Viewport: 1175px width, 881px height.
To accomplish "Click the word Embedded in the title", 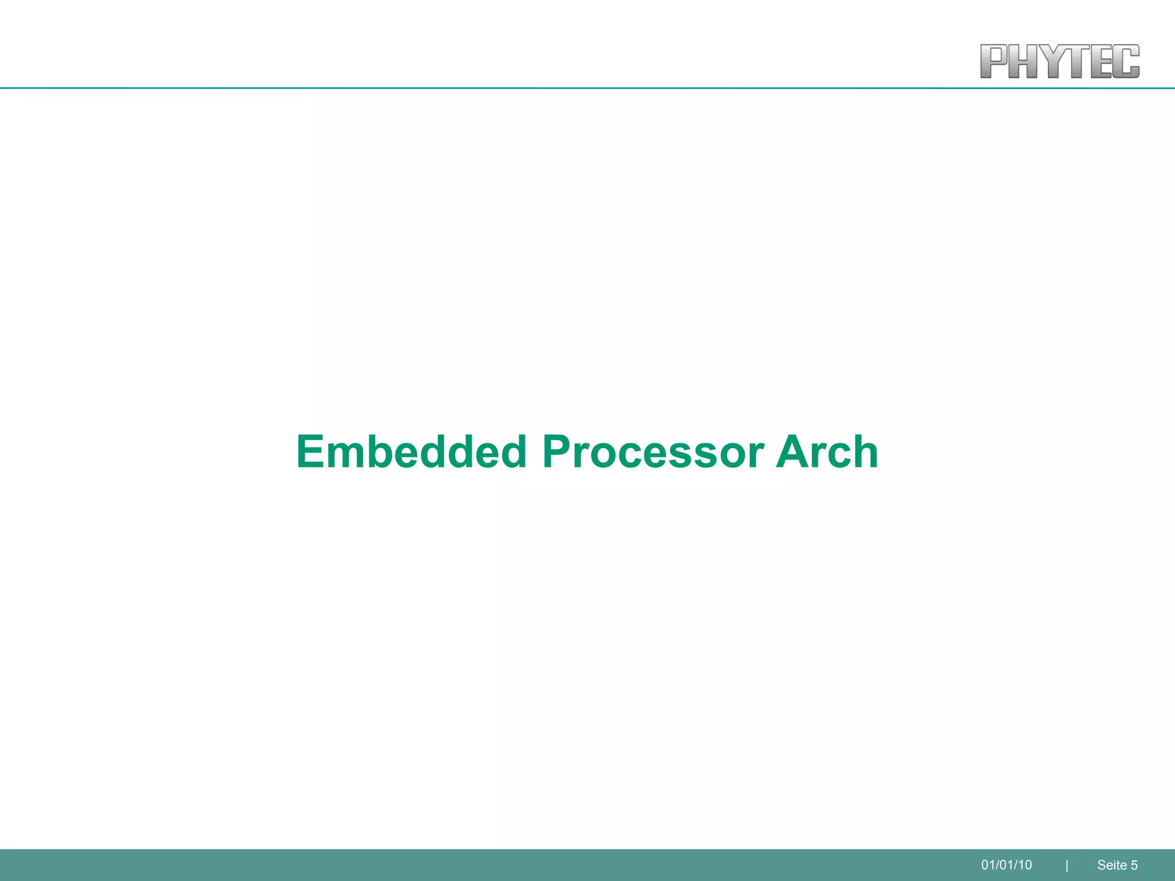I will tap(411, 452).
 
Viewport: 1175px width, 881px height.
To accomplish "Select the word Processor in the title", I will tap(653, 452).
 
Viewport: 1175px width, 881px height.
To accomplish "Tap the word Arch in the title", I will tap(827, 452).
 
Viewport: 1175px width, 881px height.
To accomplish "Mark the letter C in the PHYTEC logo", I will tap(1127, 61).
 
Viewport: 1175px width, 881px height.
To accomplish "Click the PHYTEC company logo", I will tap(1060, 61).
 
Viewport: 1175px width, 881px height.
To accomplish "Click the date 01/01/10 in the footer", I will tap(1006, 865).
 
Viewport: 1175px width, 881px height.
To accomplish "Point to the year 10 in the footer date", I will tap(1025, 865).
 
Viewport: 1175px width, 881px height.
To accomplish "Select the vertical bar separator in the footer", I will tap(1067, 866).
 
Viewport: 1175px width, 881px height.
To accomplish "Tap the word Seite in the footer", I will tap(1112, 865).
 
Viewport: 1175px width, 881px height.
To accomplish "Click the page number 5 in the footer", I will tap(1134, 865).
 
